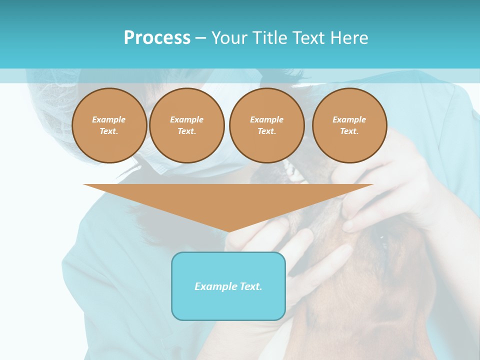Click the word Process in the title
(157, 38)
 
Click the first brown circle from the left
(109, 125)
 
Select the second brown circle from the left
(186, 125)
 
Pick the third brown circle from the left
(266, 125)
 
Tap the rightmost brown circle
(349, 125)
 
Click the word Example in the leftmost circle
(109, 120)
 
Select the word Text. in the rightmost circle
(349, 131)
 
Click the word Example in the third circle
(266, 120)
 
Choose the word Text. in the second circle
(186, 131)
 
